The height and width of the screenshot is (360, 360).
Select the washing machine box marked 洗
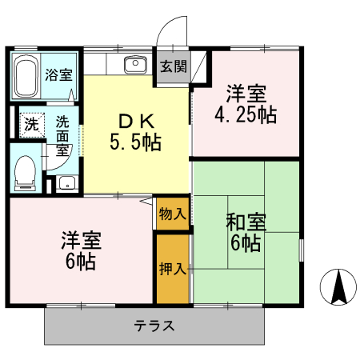coord(30,124)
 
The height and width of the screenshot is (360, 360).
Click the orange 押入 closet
coord(173,268)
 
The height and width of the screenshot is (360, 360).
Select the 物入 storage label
coord(173,214)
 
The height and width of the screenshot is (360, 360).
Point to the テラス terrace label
coord(154,326)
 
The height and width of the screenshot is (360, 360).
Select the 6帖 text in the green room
coord(246,242)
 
